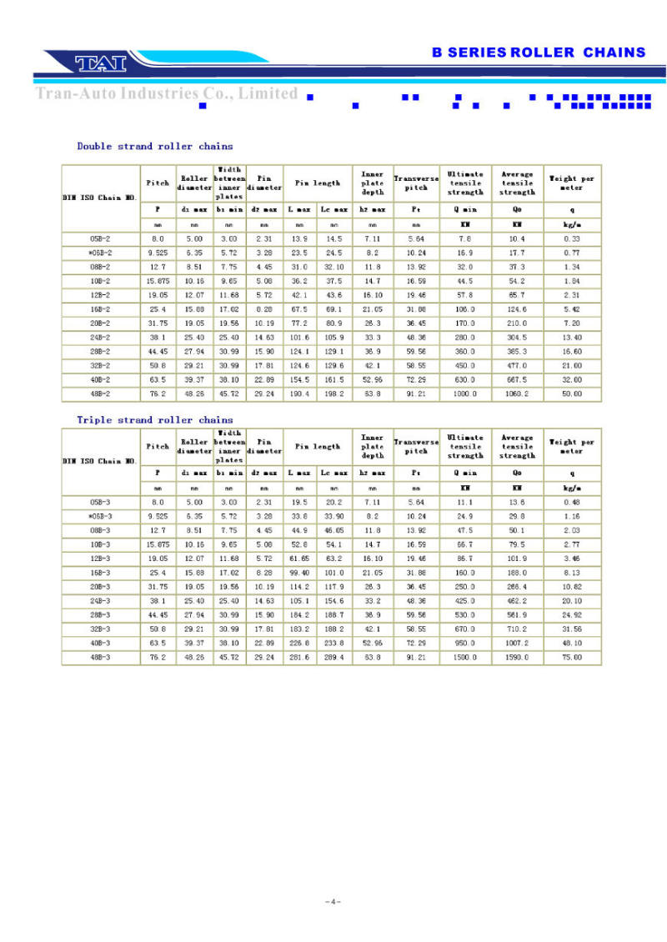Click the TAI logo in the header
tap(99, 63)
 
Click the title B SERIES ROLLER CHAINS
tap(539, 53)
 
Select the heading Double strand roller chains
tap(155, 147)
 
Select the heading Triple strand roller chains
tap(155, 420)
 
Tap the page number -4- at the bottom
tap(333, 902)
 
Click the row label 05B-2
tap(101, 239)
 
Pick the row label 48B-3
tap(101, 657)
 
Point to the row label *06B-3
tap(100, 517)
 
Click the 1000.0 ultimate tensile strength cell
tap(465, 393)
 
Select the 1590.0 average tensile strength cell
tap(517, 657)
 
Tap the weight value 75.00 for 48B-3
tap(572, 657)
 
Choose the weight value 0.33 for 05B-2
tap(572, 239)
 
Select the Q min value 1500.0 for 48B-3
tap(465, 657)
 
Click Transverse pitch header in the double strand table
tap(416, 183)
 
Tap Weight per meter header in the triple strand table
tap(572, 447)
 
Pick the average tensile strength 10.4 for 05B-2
tap(517, 239)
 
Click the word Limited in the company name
tap(268, 93)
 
